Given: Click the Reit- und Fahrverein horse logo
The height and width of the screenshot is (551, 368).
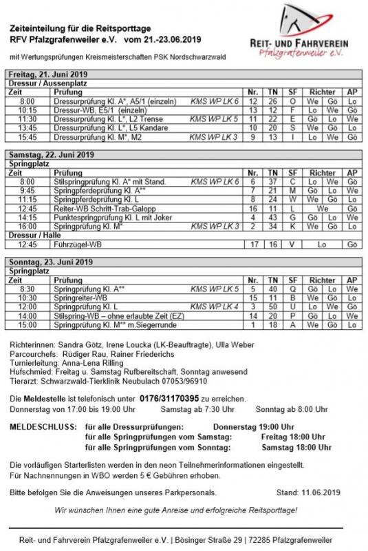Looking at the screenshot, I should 311,21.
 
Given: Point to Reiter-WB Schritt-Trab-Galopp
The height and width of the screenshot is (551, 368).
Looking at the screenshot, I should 99,208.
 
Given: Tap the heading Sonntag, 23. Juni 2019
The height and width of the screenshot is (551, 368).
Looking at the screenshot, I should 50,263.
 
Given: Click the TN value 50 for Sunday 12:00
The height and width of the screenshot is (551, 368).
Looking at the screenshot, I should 272,306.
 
